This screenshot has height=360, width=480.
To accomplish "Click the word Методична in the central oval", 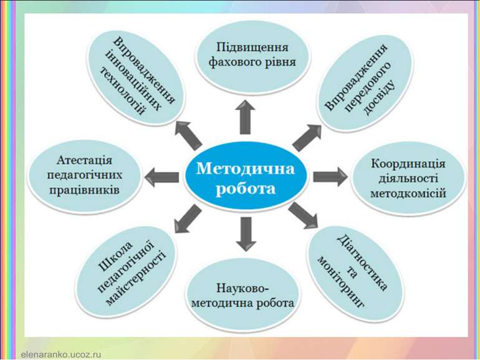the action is click(x=246, y=168).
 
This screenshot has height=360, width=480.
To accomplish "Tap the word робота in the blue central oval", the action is click(x=246, y=188).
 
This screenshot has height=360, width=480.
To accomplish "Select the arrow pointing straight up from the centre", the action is click(x=245, y=117).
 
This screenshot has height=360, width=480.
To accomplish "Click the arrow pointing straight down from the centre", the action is click(x=246, y=234).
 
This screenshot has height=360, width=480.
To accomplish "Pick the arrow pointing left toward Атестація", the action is click(x=161, y=177).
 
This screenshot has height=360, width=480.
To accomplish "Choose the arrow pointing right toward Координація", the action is click(x=330, y=177).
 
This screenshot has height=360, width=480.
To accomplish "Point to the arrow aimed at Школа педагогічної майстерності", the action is click(x=188, y=218).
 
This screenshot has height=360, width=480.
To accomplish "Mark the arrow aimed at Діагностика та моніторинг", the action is click(x=304, y=215).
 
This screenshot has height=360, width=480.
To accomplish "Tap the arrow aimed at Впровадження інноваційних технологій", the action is click(x=188, y=135).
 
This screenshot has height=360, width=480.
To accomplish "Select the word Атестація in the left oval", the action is click(x=85, y=160).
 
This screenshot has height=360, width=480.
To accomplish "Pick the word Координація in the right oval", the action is click(x=408, y=163).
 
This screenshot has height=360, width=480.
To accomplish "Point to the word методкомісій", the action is click(x=408, y=193).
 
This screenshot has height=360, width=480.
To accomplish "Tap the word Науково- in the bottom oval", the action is click(x=242, y=288).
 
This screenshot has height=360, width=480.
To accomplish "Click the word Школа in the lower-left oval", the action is click(x=116, y=256).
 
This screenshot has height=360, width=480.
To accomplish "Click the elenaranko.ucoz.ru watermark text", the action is click(x=61, y=354).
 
